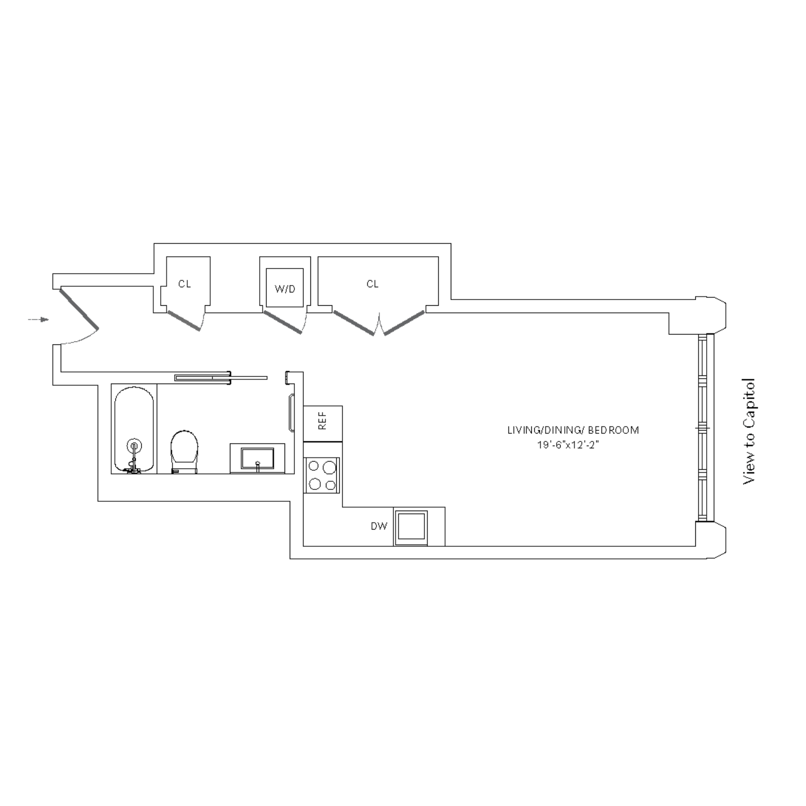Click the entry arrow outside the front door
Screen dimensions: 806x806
point(39,319)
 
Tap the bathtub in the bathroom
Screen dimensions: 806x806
point(134,429)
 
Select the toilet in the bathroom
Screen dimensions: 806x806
point(184,452)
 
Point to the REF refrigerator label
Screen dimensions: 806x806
point(322,421)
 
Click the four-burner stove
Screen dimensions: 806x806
point(322,475)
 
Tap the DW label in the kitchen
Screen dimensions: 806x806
point(379,526)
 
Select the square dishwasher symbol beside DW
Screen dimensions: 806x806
point(411,528)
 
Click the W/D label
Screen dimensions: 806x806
point(285,289)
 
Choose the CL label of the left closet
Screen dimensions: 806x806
point(185,284)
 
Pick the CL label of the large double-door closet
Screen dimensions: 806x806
point(372,284)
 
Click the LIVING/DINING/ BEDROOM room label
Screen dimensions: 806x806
point(573,430)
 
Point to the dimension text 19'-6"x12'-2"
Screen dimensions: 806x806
point(568,446)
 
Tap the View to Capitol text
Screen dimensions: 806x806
point(749,431)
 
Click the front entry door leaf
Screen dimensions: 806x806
point(79,308)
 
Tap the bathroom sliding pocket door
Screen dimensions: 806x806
point(221,378)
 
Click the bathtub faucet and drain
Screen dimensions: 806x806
point(134,457)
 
